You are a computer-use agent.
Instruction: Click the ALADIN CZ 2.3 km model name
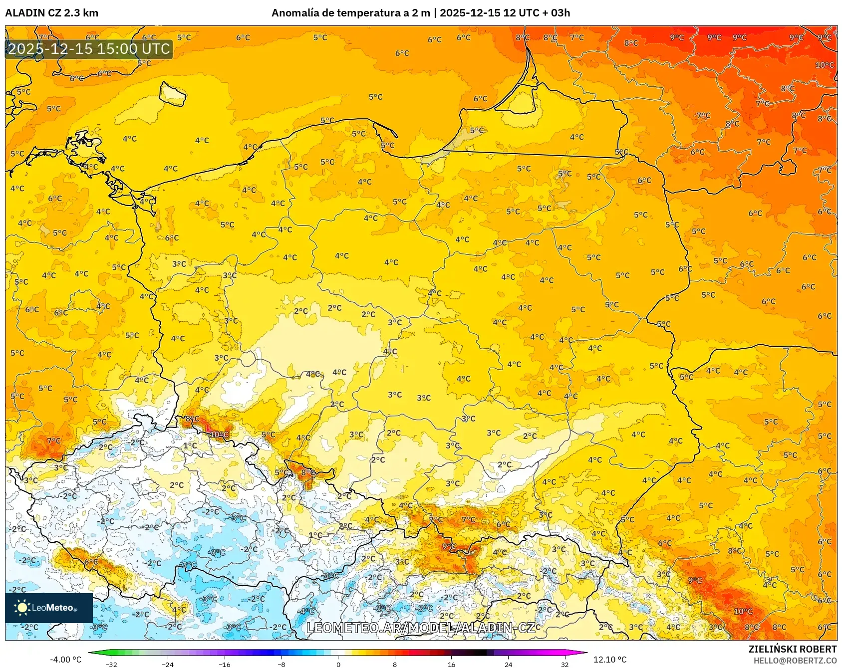tap(51, 13)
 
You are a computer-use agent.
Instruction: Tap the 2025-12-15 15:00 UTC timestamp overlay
tap(89, 49)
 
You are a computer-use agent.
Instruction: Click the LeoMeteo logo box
tap(49, 608)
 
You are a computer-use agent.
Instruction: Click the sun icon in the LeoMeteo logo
tap(22, 607)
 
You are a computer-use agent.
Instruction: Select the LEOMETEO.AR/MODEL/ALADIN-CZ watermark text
tap(420, 628)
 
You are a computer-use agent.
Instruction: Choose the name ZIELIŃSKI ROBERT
tap(792, 649)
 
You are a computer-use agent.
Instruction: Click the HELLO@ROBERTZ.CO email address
tap(795, 661)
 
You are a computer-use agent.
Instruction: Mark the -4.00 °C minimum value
tap(65, 660)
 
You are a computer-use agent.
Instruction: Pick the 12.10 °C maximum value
tap(609, 660)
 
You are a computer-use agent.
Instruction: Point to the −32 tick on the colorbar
tap(111, 664)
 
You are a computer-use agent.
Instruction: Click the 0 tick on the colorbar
tap(338, 664)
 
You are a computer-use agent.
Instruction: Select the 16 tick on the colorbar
tap(451, 664)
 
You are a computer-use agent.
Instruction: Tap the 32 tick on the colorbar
tap(564, 664)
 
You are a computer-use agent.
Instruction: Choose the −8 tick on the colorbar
tap(281, 664)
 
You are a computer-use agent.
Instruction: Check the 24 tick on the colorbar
tap(508, 664)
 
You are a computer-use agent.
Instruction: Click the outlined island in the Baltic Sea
tap(173, 93)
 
